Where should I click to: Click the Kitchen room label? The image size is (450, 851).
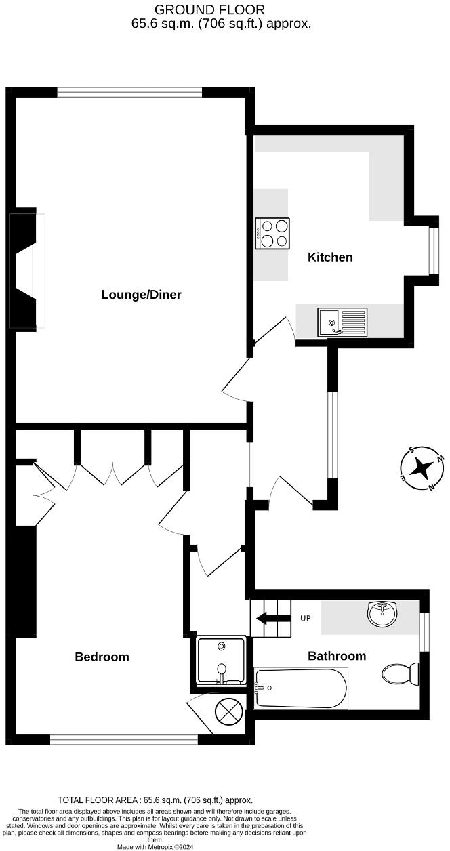click(330, 257)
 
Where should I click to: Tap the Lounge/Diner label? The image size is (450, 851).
click(141, 294)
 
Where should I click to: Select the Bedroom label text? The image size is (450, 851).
click(102, 657)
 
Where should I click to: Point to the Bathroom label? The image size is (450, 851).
click(337, 655)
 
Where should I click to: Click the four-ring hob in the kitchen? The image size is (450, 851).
click(272, 233)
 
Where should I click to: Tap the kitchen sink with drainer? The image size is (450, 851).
click(342, 322)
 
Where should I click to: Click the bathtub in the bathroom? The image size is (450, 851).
click(301, 688)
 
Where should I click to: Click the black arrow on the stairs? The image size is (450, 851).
click(271, 618)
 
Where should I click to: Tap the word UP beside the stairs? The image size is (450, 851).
click(306, 619)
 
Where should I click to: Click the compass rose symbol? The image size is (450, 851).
click(422, 468)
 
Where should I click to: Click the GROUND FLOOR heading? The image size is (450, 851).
click(209, 9)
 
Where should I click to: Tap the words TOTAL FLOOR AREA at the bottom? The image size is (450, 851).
click(91, 800)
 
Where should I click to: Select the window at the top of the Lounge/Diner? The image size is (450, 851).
click(129, 92)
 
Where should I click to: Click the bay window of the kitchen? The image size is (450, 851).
click(433, 250)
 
